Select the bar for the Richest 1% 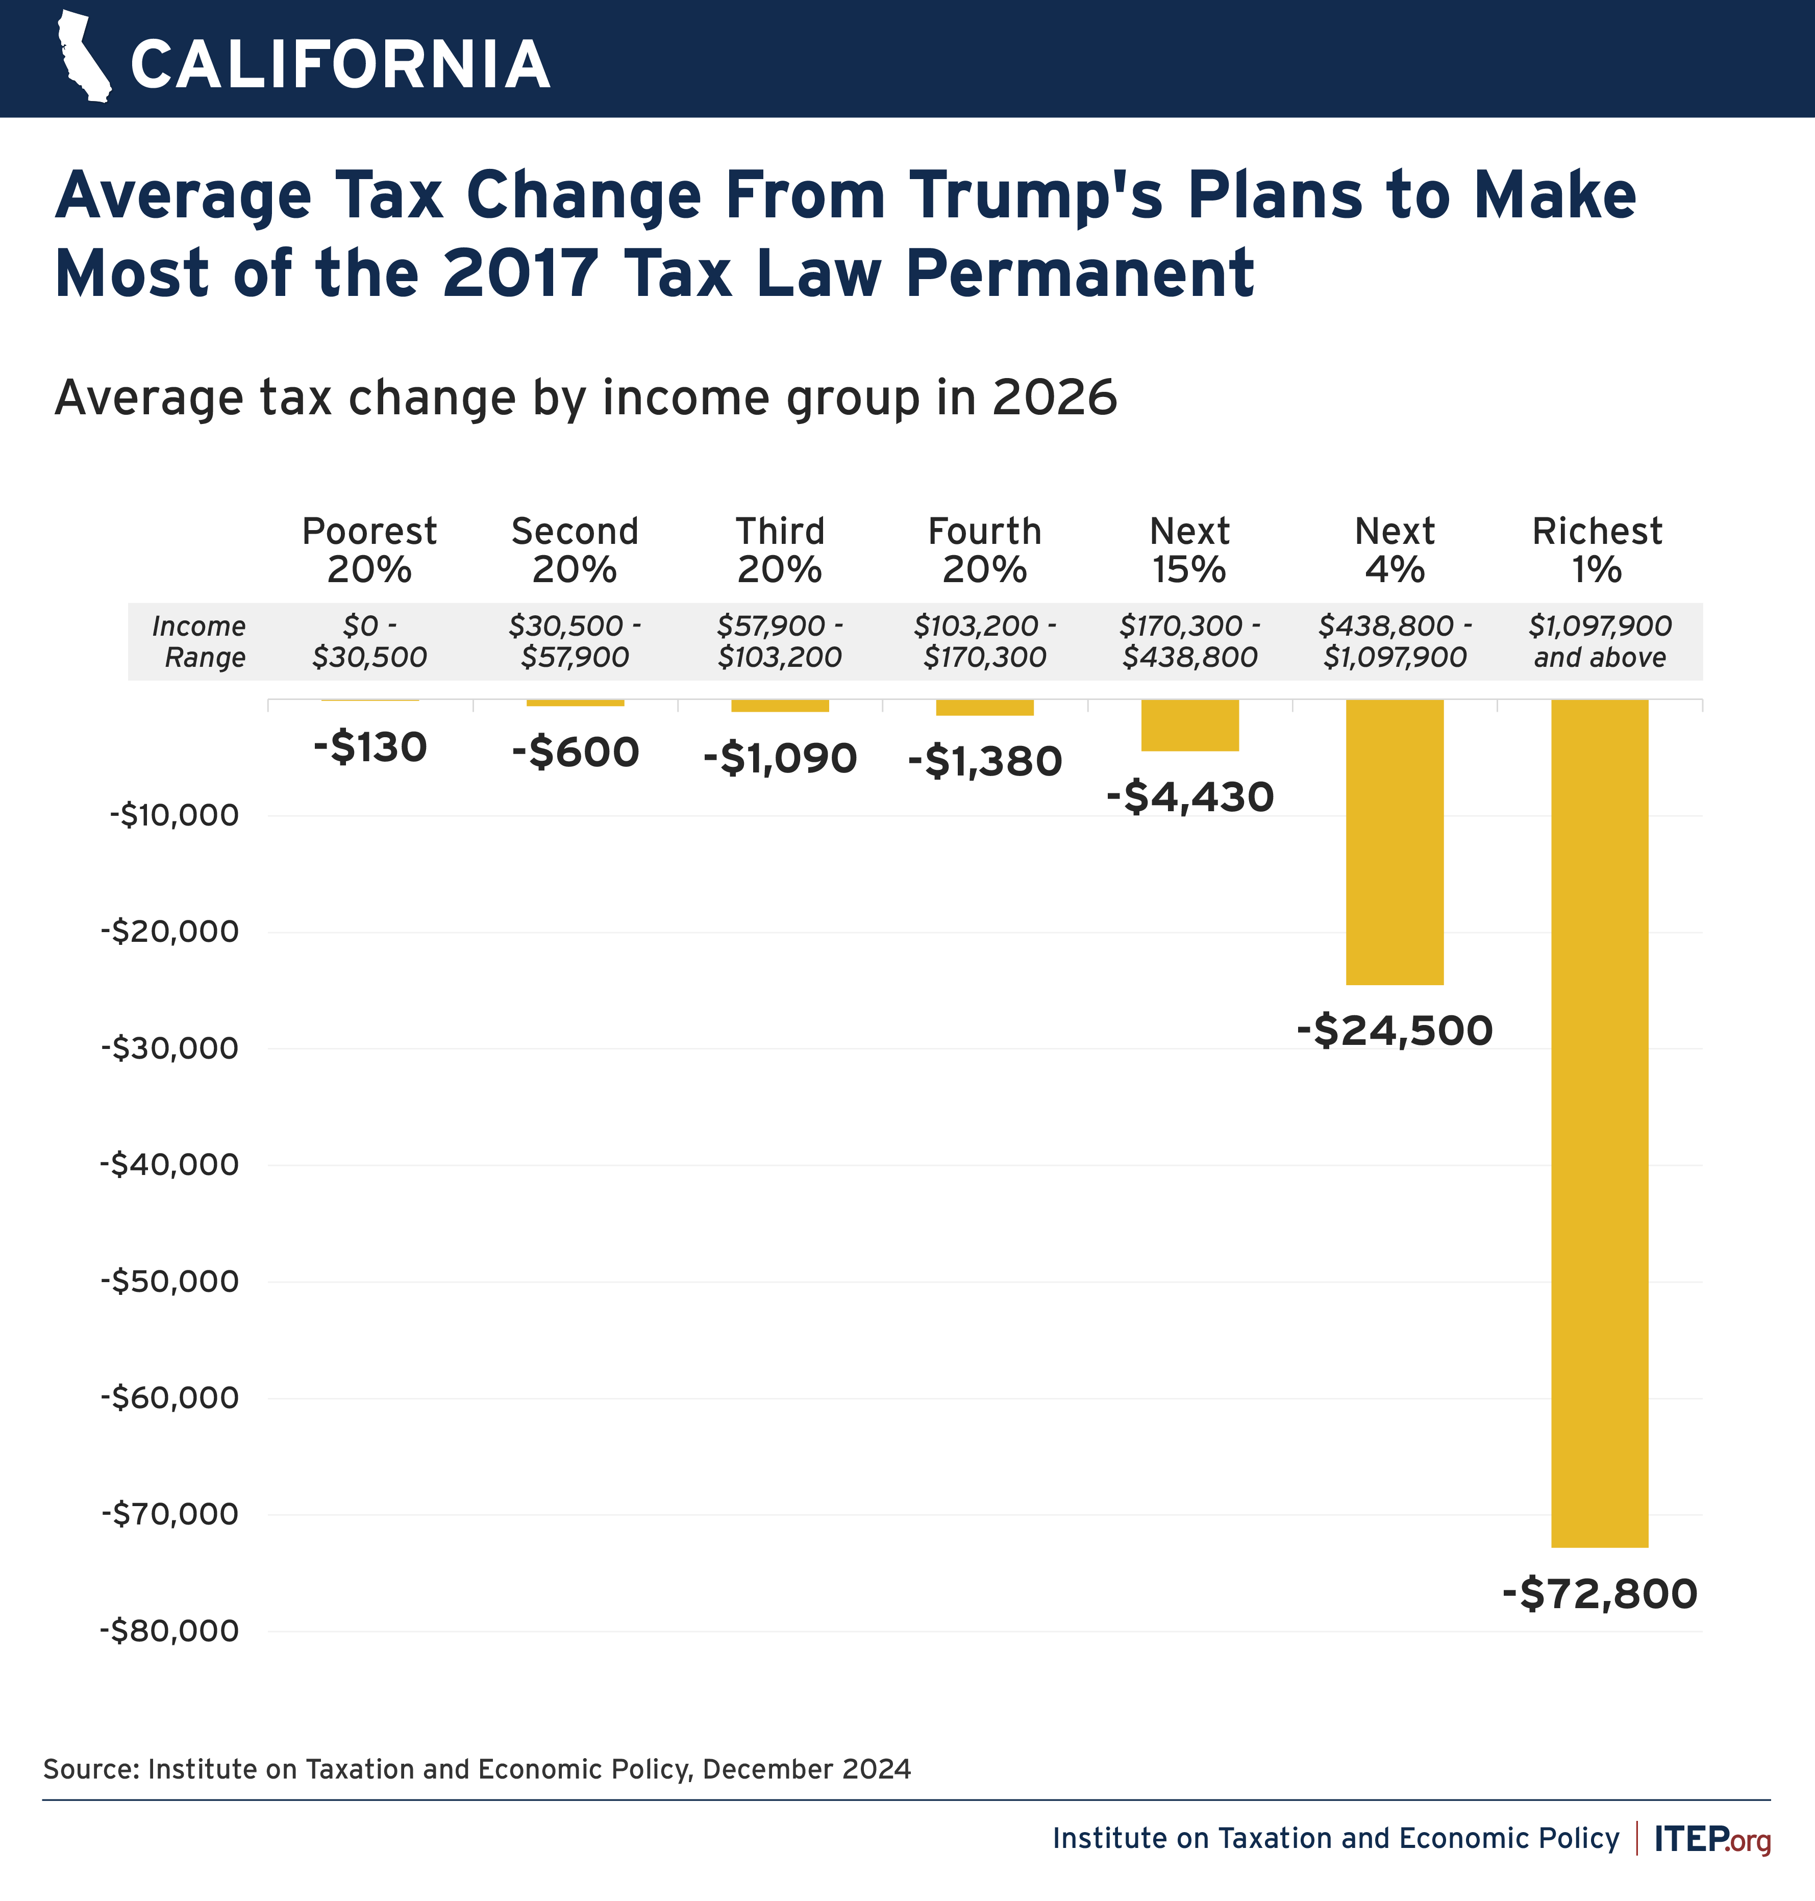pos(1599,1122)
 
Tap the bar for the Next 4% pos(1394,842)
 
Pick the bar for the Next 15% pos(1189,724)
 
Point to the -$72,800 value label pos(1599,1593)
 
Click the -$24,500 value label pos(1394,1030)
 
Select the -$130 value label pos(369,748)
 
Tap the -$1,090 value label pos(780,759)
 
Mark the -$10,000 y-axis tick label pos(174,815)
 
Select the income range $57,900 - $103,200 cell pos(780,641)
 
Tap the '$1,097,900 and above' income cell pos(1599,641)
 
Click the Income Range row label pos(200,641)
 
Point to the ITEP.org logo pos(1711,1838)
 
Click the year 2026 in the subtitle pos(1055,397)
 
